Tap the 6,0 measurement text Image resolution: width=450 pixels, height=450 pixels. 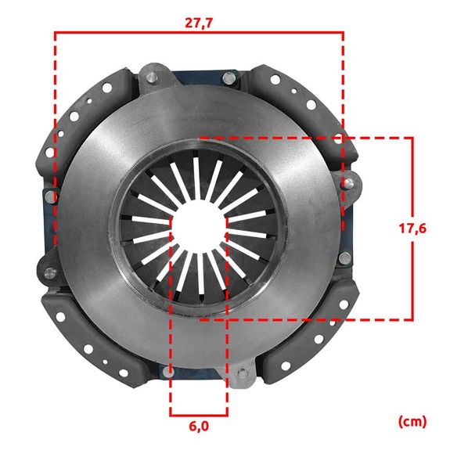pos(199,427)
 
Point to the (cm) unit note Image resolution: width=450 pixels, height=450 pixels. pos(412,422)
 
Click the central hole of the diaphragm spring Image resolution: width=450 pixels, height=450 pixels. pos(199,229)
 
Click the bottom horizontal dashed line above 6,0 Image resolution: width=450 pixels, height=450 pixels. pos(199,415)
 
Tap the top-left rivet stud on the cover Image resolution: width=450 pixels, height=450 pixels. pos(151,77)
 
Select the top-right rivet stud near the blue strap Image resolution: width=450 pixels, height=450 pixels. pos(229,77)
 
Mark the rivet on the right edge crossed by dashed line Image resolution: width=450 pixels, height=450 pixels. pos(345,184)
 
